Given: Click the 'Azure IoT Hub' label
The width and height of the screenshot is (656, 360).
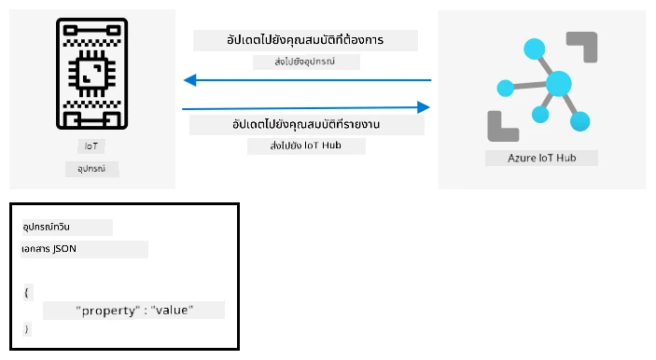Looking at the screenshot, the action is coord(542,158).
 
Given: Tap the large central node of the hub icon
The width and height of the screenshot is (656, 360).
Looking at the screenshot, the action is coord(559,84).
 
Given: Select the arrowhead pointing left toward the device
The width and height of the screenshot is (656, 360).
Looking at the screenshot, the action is coord(190,80).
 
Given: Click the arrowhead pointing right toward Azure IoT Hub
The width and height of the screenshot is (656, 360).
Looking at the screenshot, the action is coord(424,107).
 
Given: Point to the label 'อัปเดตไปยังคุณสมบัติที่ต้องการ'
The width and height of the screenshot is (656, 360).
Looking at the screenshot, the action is coord(305,40).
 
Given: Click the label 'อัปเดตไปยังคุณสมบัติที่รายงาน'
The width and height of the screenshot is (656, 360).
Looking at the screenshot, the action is coord(306,124).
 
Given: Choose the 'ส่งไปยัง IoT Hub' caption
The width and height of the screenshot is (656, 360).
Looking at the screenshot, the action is coord(306,145).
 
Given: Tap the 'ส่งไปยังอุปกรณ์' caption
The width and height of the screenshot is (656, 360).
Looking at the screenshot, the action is coord(304,62).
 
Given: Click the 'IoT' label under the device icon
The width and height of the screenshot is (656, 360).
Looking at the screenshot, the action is coord(91,145).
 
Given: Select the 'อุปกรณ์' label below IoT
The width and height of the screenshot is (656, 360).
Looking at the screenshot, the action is coord(91,169).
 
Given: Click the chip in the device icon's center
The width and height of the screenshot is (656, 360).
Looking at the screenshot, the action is coord(92,73).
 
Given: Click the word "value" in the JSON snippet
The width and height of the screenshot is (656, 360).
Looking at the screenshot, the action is coord(172,311).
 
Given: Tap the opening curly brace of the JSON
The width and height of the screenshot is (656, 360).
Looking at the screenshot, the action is coord(26,292).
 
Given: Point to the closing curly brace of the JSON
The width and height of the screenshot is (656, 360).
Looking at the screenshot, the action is coord(26,329).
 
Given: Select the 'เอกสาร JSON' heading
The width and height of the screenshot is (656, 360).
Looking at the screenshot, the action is coord(49,249).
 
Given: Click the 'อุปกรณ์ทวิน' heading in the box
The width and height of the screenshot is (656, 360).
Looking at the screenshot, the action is coord(46,227).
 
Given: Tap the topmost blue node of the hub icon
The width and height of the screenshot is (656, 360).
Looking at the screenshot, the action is coord(535,48).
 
